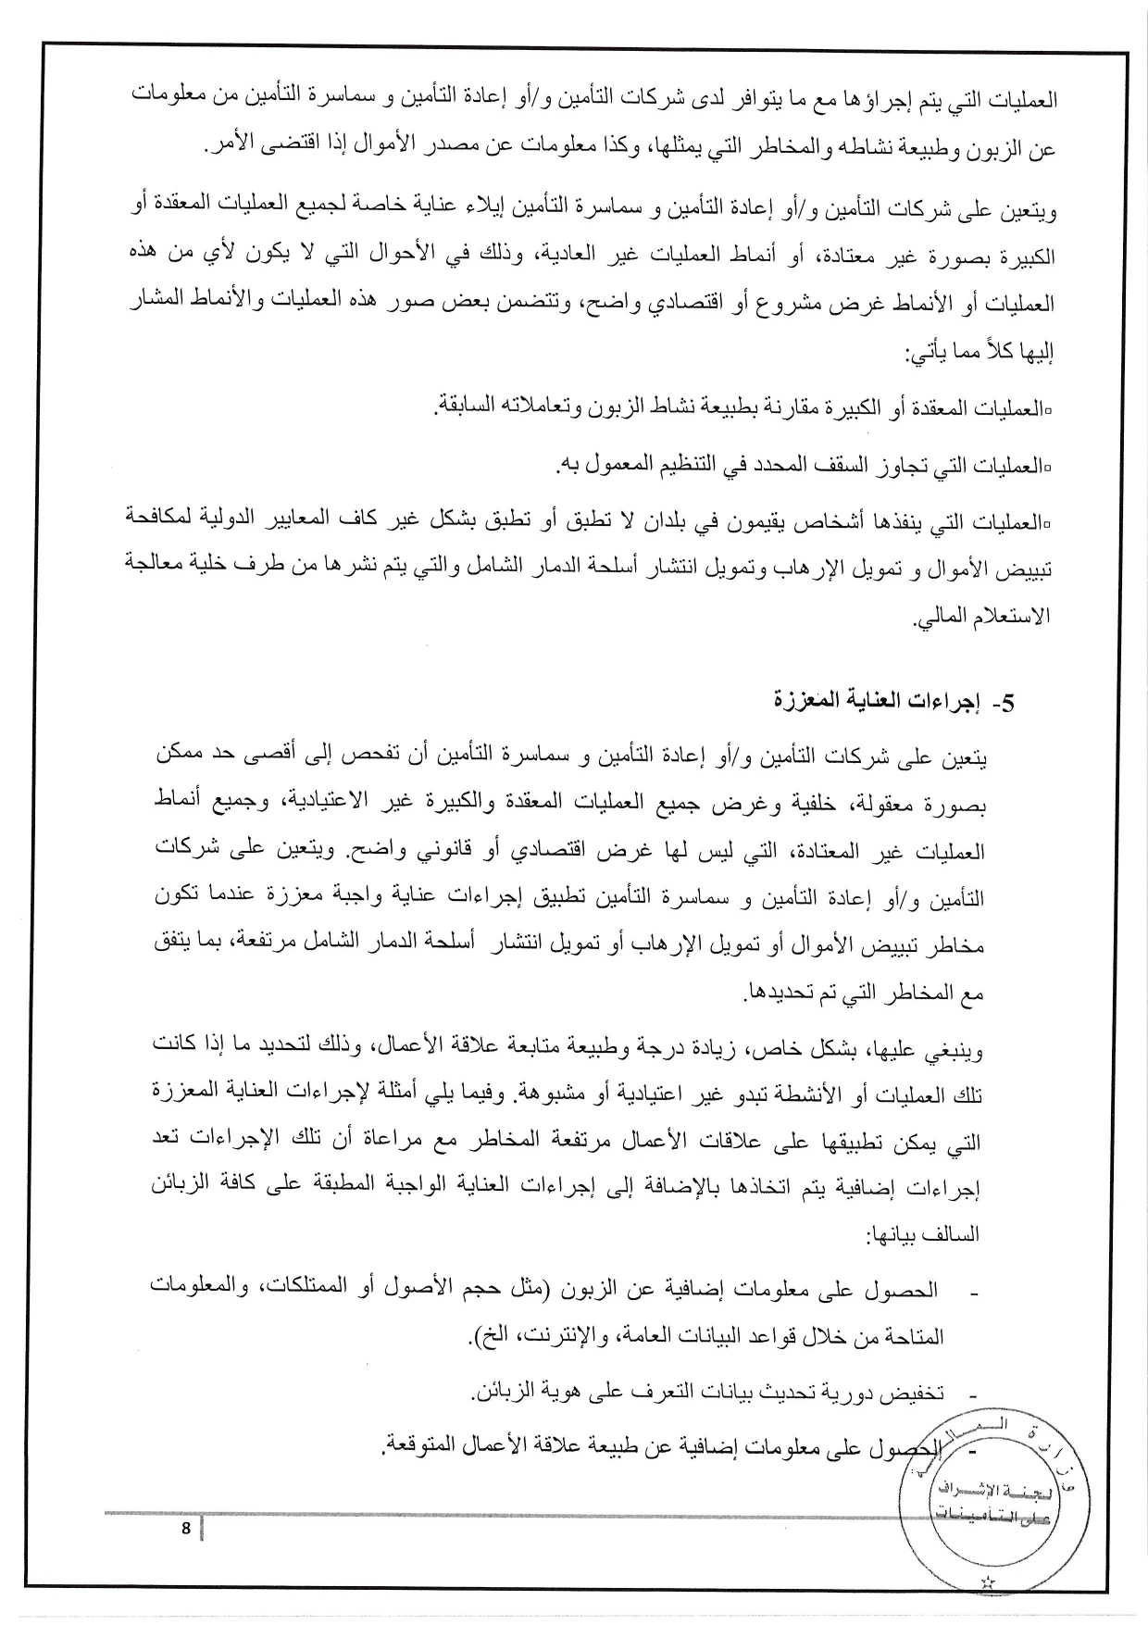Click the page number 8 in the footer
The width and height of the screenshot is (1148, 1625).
click(185, 1529)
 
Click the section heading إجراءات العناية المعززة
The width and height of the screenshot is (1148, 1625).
click(880, 701)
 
